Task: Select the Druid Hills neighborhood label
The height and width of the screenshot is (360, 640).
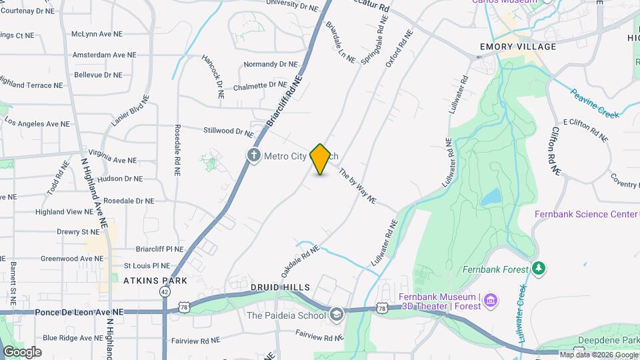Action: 280,287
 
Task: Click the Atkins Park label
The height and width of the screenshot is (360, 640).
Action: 155,281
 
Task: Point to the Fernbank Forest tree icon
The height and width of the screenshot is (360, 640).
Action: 539,269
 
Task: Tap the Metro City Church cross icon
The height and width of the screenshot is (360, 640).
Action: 253,156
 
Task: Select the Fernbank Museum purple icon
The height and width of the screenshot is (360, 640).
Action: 491,302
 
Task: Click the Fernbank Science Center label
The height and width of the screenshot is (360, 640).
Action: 586,214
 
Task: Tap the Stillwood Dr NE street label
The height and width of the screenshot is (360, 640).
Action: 229,132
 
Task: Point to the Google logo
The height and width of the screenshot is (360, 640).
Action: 22,351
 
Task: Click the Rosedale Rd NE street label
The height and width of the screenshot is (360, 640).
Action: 177,149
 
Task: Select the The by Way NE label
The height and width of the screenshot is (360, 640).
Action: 357,187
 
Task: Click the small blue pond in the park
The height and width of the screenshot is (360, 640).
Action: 491,197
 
